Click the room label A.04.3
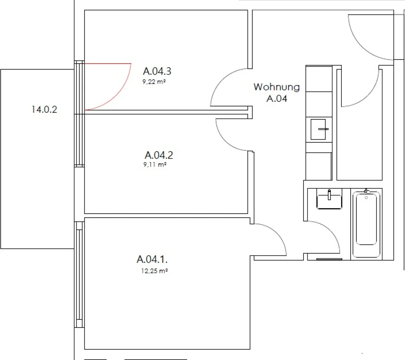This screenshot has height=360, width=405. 157,71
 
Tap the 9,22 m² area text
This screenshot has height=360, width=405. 154,82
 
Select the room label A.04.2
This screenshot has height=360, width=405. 159,155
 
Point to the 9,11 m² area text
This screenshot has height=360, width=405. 155,164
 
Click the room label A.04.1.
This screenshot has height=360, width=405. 152,259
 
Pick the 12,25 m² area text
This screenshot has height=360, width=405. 154,271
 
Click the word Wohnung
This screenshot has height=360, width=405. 277,87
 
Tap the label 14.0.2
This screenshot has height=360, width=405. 44,109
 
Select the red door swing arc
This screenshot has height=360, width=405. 120,92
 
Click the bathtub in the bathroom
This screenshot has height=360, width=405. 366,224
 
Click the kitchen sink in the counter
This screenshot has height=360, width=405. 318,129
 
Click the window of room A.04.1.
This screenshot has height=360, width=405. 79,275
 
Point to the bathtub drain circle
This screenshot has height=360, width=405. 366,198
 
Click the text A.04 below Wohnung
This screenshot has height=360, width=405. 277,99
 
